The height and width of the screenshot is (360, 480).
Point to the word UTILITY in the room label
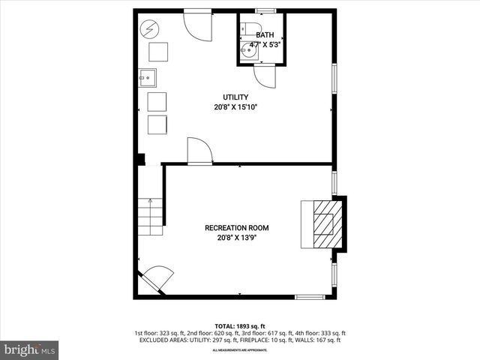click(x=235, y=97)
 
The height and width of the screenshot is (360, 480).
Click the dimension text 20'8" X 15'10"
click(x=235, y=107)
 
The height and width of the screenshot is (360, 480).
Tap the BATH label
click(x=265, y=35)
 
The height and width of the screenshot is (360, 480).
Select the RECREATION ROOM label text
click(x=237, y=228)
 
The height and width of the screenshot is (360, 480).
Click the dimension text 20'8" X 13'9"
click(x=237, y=238)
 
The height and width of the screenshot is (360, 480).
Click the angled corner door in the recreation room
click(x=156, y=280)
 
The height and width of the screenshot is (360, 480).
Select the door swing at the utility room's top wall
click(x=199, y=24)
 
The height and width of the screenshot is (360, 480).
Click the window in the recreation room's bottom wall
click(x=309, y=296)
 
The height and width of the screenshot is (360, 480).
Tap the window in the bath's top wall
click(x=264, y=10)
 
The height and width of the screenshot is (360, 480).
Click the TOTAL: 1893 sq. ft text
click(x=240, y=325)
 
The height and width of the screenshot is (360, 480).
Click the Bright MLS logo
click(x=30, y=349)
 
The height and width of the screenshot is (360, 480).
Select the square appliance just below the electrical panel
click(x=158, y=52)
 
